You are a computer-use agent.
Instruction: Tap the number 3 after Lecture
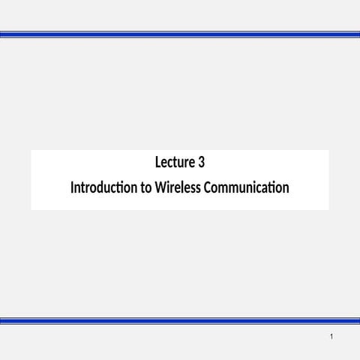(201, 162)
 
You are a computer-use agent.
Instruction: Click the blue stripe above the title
(180, 34)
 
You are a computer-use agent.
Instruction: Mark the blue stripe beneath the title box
(180, 321)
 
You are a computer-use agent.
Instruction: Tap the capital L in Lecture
(157, 162)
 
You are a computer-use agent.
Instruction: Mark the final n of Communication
(285, 187)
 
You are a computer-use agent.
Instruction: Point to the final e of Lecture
(193, 163)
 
